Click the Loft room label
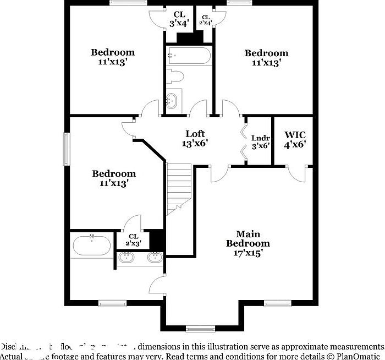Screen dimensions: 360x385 click(195, 138)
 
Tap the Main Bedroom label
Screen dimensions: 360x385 click(248, 238)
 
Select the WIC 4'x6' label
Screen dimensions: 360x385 click(295, 139)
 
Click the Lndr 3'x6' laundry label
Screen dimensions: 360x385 click(260, 142)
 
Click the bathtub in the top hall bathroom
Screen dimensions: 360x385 click(188, 55)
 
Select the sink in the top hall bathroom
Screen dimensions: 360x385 click(173, 100)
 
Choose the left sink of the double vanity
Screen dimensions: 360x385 click(127, 257)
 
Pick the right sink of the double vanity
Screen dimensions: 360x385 click(155, 257)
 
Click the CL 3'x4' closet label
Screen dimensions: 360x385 click(179, 19)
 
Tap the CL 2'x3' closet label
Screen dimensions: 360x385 click(134, 239)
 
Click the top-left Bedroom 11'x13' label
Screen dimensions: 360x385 click(113, 57)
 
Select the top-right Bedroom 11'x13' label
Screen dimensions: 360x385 click(266, 58)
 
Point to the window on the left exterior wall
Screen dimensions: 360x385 click(67, 149)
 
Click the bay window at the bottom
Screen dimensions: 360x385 click(200, 329)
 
